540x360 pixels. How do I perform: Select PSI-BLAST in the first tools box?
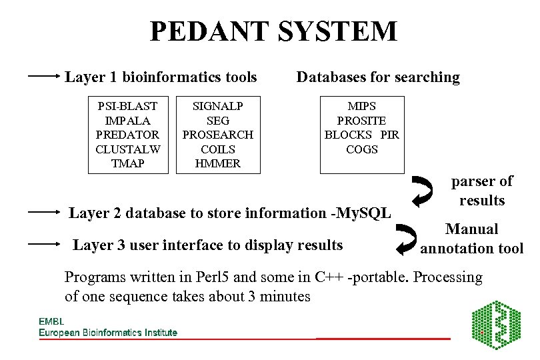pos(127,106)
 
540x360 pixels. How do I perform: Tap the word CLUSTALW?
pos(127,149)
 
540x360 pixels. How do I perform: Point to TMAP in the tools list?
pos(127,163)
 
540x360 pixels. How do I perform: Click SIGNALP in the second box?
pos(218,106)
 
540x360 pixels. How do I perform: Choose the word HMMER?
pos(218,163)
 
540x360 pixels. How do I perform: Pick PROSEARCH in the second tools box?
pos(218,135)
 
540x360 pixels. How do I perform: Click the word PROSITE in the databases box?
pos(361,121)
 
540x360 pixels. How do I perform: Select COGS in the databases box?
pos(361,149)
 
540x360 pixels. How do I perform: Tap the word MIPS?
pos(361,106)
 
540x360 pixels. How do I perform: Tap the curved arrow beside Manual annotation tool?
pos(406,241)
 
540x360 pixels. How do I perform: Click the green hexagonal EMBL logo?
pos(495,326)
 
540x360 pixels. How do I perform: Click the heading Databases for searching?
pos(378,77)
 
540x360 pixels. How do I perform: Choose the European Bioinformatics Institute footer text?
pos(108,332)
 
